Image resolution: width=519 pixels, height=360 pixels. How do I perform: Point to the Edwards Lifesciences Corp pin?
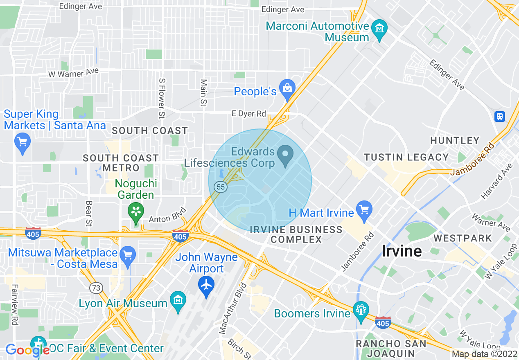coord(285,155)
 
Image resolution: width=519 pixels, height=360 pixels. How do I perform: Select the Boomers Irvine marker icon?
coord(361,311)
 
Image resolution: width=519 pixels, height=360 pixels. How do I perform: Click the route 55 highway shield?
coord(221,187)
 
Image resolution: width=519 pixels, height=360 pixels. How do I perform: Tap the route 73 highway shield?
coord(97,288)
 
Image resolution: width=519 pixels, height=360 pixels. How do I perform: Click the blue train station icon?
coord(500,117)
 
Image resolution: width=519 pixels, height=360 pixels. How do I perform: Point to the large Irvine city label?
coord(402,251)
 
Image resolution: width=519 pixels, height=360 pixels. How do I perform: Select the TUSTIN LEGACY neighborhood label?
coord(406,157)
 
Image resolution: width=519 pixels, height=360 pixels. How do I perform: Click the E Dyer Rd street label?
coord(249,113)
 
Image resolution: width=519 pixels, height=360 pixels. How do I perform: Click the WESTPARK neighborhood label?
coord(463,238)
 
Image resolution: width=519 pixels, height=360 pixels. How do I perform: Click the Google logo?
coord(27,350)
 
